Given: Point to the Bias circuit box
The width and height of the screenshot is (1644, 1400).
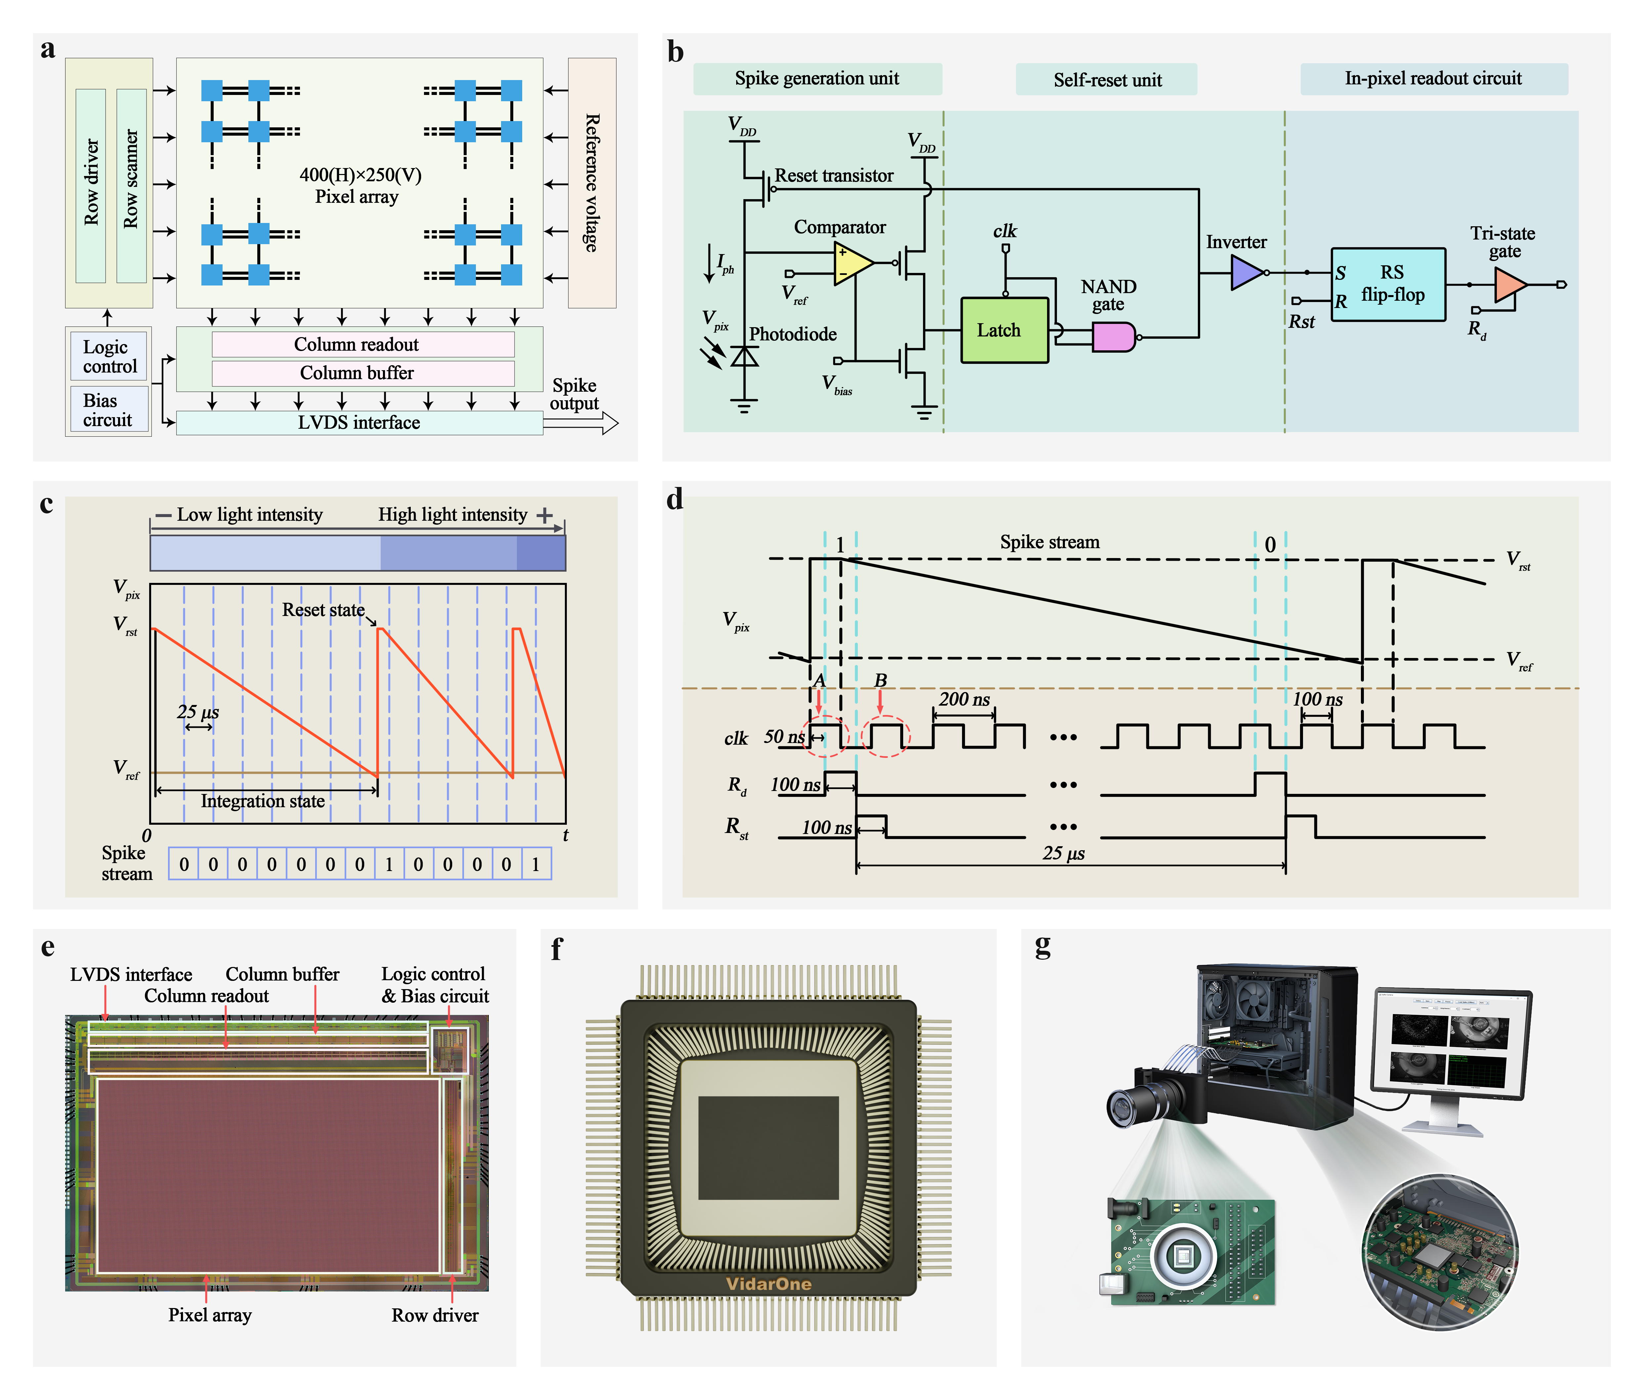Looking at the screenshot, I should [108, 410].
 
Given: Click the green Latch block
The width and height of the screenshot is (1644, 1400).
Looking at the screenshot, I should [1004, 330].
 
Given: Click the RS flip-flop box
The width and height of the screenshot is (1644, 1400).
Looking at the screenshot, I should [1388, 284].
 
